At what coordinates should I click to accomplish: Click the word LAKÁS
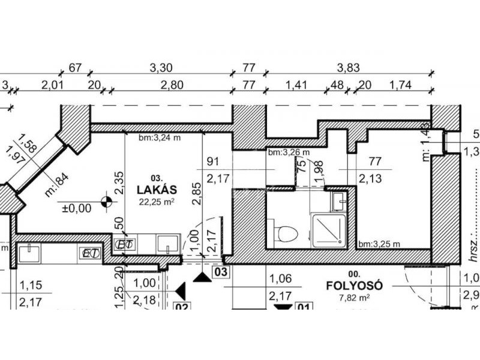tap(157, 190)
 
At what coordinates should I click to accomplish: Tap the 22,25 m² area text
tap(157, 202)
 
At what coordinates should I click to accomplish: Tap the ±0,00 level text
tap(76, 209)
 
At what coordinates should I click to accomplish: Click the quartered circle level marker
tap(107, 203)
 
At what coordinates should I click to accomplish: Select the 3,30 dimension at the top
tap(160, 68)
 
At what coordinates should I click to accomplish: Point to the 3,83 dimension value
tap(348, 68)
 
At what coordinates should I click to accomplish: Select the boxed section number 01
tap(304, 310)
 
